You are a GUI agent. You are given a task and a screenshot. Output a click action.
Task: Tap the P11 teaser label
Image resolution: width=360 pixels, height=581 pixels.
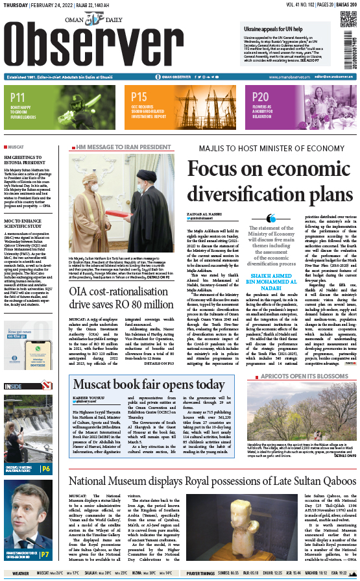tap(18, 98)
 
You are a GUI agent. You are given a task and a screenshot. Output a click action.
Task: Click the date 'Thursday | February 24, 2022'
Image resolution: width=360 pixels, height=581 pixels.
tap(45, 5)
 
